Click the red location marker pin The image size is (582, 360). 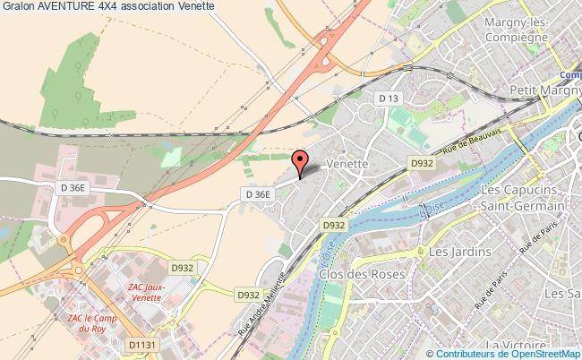pos(301,161)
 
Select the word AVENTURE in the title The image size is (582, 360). pos(71,6)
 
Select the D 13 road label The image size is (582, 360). pos(388,98)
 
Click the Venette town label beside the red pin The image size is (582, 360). pos(348,166)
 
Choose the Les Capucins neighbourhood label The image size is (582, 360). pos(522,191)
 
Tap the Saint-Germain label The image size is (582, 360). pos(522,207)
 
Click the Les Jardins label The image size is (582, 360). pos(460,253)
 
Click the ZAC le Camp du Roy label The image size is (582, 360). pos(92,324)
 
